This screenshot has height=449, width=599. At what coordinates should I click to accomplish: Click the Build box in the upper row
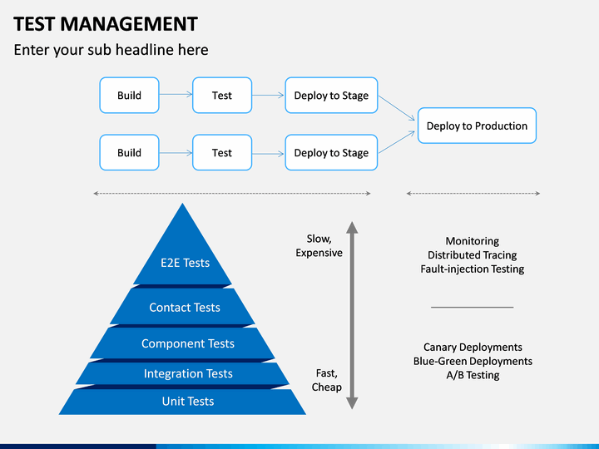coord(129,95)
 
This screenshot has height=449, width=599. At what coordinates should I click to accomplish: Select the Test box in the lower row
coord(222,152)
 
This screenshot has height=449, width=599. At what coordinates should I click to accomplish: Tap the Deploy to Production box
coord(477,126)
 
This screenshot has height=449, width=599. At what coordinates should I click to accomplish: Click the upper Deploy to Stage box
coord(331,95)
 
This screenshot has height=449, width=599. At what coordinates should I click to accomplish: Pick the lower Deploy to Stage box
coord(331,152)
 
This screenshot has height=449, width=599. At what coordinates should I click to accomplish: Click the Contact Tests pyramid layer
coord(182,307)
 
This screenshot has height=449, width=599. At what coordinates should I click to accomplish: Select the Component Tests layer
coord(182,343)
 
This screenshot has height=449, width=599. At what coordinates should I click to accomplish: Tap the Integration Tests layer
coord(182,373)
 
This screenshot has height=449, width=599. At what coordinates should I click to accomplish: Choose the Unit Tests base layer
coord(182,402)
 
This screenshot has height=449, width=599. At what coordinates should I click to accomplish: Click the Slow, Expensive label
coord(319,245)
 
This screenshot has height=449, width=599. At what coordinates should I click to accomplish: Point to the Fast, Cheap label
coord(327,380)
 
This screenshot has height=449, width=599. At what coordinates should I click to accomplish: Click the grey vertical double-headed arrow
coord(352,315)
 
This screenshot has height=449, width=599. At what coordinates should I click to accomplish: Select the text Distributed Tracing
coord(473,254)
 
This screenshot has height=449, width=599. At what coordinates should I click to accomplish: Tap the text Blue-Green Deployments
coord(473,361)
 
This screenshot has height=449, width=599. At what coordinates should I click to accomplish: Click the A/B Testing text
coord(473,375)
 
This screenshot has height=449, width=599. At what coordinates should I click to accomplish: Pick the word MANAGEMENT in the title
coord(129,23)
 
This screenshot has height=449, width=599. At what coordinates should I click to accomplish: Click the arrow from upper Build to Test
coord(176,94)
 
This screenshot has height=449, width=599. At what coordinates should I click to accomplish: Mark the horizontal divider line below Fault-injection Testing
coord(473,307)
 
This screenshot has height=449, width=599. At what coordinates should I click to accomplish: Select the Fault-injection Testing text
coord(473,269)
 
